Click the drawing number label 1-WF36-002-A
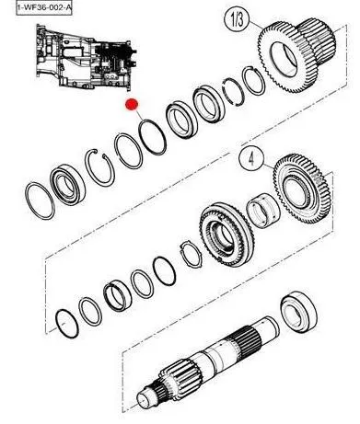pyautogui.click(x=44, y=7)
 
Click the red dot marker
pyautogui.click(x=132, y=104)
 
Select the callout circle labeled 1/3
pyautogui.click(x=237, y=19)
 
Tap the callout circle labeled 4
pyautogui.click(x=251, y=159)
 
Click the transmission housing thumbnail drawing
pyautogui.click(x=86, y=58)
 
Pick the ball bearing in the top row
pyautogui.click(x=67, y=185)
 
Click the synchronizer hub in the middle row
pyautogui.click(x=226, y=235)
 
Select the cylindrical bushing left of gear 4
pyautogui.click(x=263, y=211)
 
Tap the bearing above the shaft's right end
pyautogui.click(x=298, y=311)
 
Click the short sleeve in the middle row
pyautogui.click(x=118, y=295)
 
